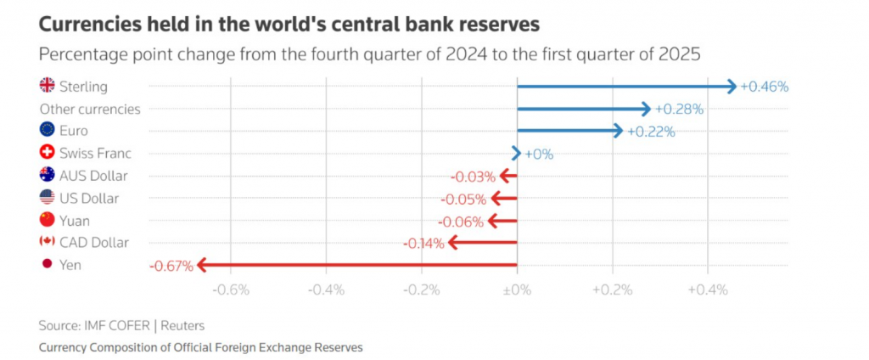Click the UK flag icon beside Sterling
pos(48,86)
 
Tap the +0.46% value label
pos(764,87)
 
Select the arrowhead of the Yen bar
pos(204,265)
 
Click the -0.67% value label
pos(171,266)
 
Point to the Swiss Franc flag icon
pos(48,154)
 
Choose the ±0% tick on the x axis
pos(516,290)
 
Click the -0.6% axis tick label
pos(231,290)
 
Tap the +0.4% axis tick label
pos(707,290)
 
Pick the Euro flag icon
pos(48,131)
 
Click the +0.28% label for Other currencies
pos(679,109)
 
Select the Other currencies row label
pos(90,109)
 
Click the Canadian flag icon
pos(48,243)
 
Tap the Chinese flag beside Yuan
pos(48,221)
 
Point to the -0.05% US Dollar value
pos(464,200)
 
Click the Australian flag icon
pos(48,176)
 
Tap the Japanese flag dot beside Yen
pos(48,265)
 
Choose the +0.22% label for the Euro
pos(651,131)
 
